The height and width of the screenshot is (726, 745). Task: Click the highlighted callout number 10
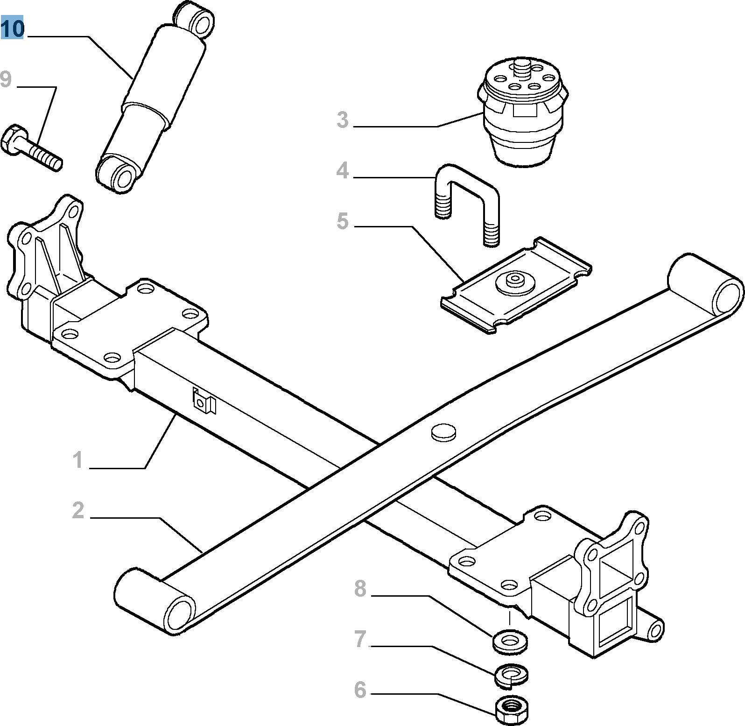12,28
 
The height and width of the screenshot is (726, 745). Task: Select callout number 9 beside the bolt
6,79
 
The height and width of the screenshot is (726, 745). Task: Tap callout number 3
343,120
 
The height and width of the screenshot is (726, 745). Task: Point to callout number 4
343,170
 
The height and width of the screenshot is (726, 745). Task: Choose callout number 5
343,221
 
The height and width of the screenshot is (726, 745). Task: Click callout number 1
78,460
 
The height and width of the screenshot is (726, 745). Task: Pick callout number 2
78,510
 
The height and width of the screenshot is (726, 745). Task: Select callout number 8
360,589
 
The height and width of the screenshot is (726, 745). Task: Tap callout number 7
360,639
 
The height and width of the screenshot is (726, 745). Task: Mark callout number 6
360,690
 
